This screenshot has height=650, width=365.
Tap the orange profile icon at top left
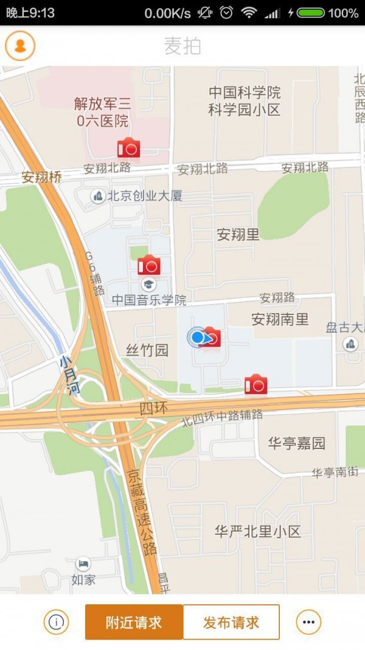tap(20, 46)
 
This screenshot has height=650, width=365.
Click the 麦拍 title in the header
tap(182, 46)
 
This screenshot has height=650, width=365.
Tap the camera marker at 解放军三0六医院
tap(128, 148)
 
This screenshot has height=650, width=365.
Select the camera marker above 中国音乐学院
tap(148, 266)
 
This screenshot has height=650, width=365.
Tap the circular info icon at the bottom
tap(56, 622)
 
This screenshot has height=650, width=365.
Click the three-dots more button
tap(308, 622)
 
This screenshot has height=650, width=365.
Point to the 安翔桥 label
tap(42, 177)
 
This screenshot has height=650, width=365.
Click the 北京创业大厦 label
tap(145, 196)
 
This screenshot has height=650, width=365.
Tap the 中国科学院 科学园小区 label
tap(245, 101)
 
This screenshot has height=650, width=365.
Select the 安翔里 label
tap(238, 235)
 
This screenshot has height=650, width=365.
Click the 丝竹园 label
tap(147, 350)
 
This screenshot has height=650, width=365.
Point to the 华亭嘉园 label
tap(296, 443)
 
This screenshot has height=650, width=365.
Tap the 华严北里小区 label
tap(258, 532)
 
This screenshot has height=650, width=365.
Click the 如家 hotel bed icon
tap(83, 564)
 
